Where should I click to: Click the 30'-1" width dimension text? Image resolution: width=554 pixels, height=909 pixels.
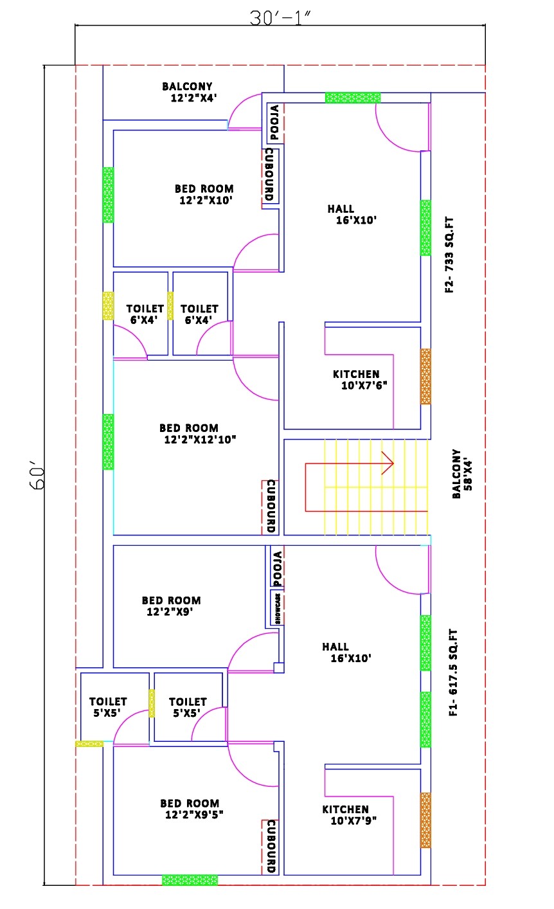(280, 18)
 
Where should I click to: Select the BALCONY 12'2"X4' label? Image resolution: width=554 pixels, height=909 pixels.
(187, 92)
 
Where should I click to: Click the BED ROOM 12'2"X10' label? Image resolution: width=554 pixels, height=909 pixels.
(204, 194)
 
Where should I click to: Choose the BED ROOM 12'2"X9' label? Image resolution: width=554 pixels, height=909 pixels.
(171, 606)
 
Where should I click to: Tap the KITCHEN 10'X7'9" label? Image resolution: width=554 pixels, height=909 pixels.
(349, 815)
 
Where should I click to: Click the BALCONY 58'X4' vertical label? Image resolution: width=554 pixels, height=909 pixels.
(461, 474)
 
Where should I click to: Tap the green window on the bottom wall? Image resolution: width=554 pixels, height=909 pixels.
(190, 879)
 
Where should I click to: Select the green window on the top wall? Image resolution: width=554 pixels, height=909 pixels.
(352, 98)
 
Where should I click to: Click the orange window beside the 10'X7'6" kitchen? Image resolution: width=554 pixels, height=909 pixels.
(425, 376)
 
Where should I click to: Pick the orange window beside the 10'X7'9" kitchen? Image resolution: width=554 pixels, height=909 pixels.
(425, 820)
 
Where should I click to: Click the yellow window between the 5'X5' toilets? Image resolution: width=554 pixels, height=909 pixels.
(152, 703)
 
